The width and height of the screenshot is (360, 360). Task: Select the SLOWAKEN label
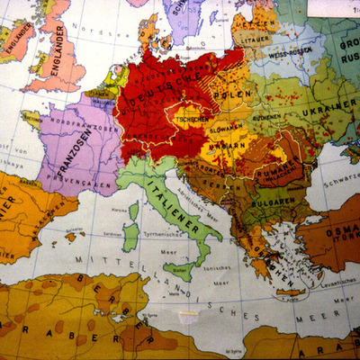click(229, 128)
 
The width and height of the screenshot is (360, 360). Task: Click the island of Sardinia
click(131, 237)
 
